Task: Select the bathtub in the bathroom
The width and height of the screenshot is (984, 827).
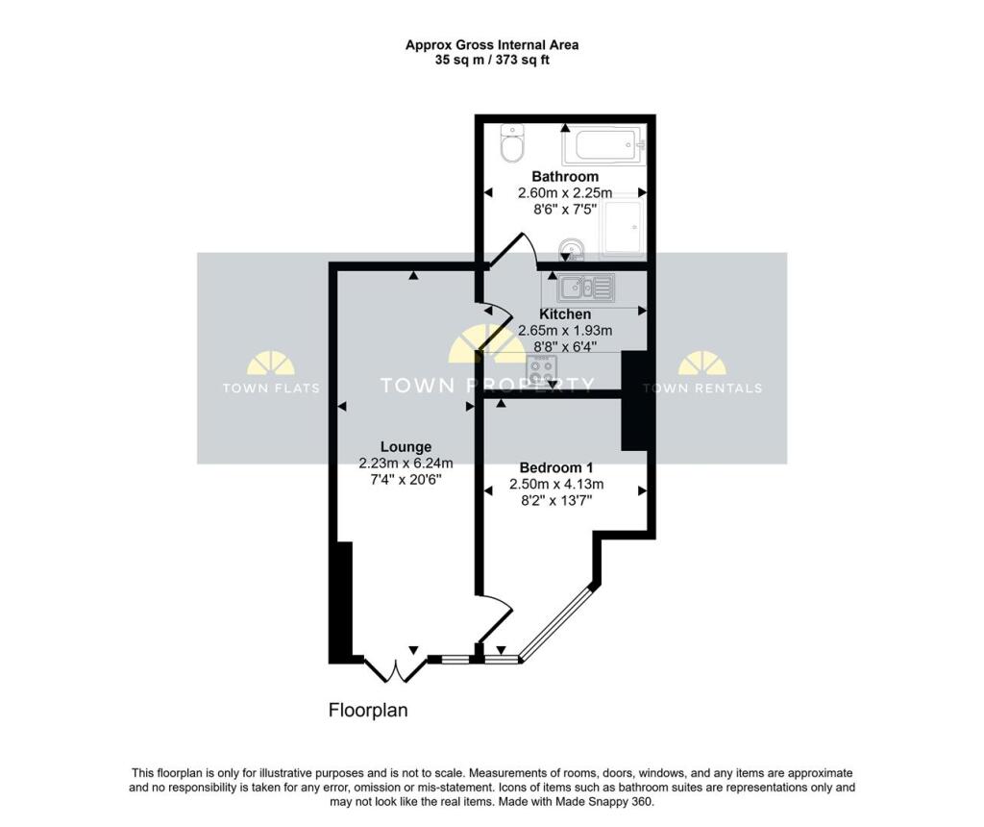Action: [603, 145]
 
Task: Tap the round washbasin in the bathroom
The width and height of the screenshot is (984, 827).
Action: [571, 249]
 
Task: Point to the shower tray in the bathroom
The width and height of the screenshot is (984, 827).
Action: [622, 227]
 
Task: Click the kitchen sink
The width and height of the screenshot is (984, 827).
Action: [585, 287]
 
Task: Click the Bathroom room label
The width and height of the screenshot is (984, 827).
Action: [565, 176]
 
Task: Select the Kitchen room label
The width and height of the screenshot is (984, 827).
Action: [565, 313]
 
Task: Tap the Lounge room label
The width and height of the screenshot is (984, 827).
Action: [406, 446]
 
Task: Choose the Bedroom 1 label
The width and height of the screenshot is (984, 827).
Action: [556, 467]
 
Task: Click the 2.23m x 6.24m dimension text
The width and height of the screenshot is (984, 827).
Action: [406, 464]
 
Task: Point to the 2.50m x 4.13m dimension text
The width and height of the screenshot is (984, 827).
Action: [556, 484]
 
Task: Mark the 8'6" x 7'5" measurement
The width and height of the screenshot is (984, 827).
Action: [565, 209]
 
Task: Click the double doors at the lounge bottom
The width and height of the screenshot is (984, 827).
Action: [396, 669]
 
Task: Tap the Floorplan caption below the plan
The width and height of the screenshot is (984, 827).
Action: [368, 711]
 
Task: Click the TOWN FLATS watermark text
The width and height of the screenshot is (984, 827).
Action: [271, 388]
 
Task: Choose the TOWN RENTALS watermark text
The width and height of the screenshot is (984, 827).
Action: [702, 388]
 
